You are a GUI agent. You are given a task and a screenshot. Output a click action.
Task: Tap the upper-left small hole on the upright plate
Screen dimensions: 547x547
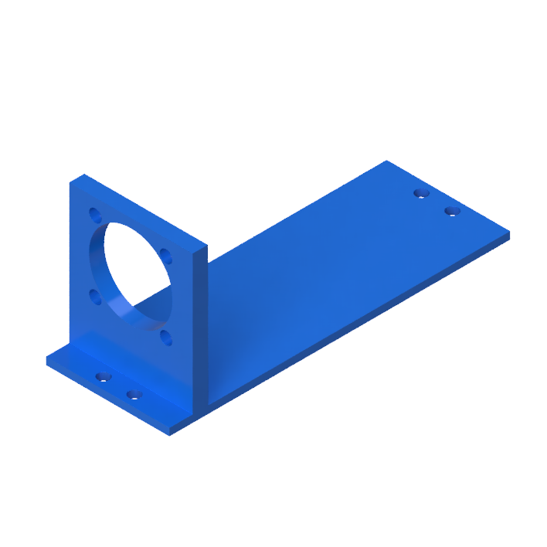pos(95,214)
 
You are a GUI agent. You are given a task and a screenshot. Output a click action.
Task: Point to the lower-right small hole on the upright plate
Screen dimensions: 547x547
pos(165,336)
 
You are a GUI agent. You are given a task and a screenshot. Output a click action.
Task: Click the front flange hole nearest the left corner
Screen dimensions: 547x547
pos(103,377)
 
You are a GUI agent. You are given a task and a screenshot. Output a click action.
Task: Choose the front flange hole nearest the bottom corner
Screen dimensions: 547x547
pos(134,395)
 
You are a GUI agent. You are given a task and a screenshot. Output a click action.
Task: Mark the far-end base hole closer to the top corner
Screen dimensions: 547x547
pos(421,193)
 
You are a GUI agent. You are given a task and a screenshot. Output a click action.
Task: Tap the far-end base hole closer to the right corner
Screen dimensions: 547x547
pos(453,210)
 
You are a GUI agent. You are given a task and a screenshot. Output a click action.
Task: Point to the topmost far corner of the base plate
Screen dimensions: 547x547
pos(386,161)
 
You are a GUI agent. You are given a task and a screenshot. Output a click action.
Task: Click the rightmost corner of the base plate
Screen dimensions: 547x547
pos(509,232)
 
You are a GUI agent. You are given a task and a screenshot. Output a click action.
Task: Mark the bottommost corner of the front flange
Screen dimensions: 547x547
pos(170,434)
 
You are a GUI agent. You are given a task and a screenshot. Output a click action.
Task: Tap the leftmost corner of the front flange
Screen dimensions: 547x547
pos(46,360)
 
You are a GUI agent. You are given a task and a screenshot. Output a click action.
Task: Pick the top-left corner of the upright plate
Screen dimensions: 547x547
pos(71,182)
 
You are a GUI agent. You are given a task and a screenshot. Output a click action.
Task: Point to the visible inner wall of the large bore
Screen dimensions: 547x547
pos(108,286)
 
